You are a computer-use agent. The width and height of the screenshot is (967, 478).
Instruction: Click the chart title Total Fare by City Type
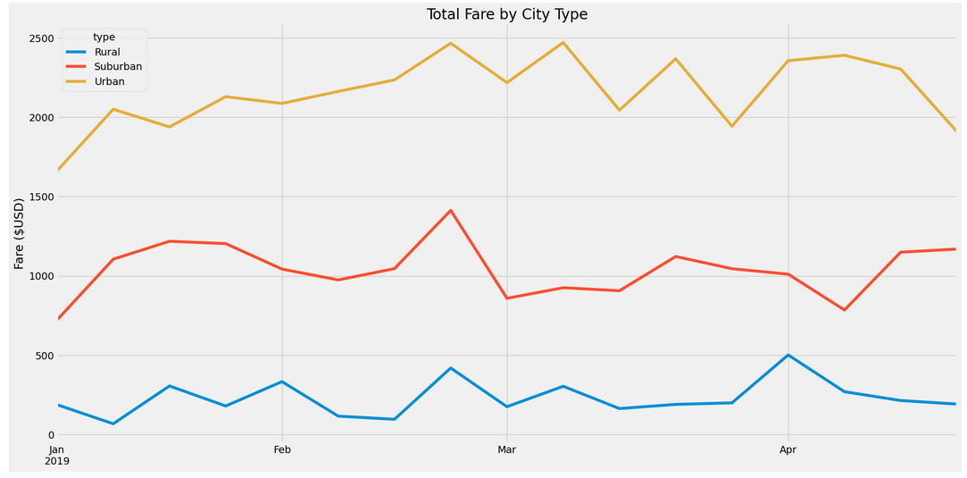(x=506, y=14)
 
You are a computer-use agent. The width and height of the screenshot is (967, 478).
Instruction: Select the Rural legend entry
(x=107, y=52)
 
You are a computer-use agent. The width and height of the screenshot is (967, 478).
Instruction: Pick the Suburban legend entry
(x=118, y=66)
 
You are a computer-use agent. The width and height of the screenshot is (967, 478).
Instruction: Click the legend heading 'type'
(x=104, y=37)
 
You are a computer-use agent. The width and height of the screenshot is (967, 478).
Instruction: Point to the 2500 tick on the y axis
(x=39, y=38)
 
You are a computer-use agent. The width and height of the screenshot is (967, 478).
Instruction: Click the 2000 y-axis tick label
(x=39, y=118)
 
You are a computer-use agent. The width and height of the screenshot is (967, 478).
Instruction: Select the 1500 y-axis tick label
(x=39, y=197)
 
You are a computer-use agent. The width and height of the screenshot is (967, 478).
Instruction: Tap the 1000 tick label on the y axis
(x=39, y=276)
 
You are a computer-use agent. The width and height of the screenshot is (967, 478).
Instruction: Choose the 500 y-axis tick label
(x=42, y=356)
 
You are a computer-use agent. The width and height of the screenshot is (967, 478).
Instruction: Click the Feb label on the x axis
(x=282, y=450)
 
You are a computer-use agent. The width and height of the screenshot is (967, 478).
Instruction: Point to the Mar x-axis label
(x=506, y=450)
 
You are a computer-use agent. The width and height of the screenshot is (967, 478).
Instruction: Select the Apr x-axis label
(x=788, y=450)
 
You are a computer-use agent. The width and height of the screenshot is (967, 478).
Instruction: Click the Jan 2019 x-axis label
(x=57, y=456)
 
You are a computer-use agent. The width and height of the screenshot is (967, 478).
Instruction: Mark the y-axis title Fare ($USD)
(x=19, y=233)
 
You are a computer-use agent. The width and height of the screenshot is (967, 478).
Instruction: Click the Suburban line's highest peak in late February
(x=450, y=210)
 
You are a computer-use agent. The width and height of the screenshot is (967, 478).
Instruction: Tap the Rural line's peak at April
(x=788, y=355)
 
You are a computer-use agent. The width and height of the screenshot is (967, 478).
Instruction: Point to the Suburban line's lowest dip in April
(x=844, y=310)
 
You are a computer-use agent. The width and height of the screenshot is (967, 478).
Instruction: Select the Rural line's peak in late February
(x=450, y=368)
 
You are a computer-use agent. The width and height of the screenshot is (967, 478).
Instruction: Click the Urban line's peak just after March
(x=563, y=42)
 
